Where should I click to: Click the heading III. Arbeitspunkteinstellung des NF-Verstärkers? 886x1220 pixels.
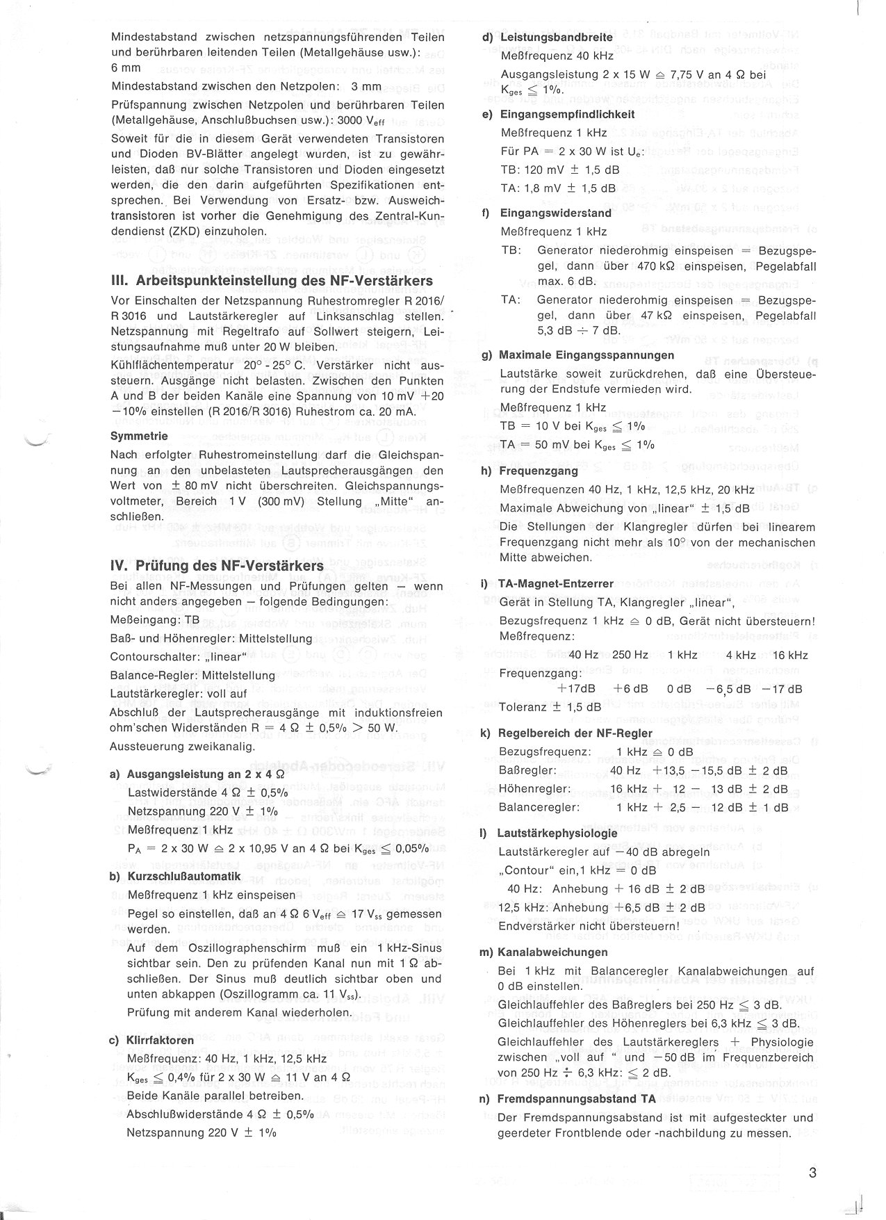pos(272,281)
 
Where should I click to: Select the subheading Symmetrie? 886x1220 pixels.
pos(139,437)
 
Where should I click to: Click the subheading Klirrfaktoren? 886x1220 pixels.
pos(160,1041)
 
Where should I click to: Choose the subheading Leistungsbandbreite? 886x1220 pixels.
pos(556,38)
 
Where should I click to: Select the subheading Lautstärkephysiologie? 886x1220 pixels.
pos(558,833)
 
